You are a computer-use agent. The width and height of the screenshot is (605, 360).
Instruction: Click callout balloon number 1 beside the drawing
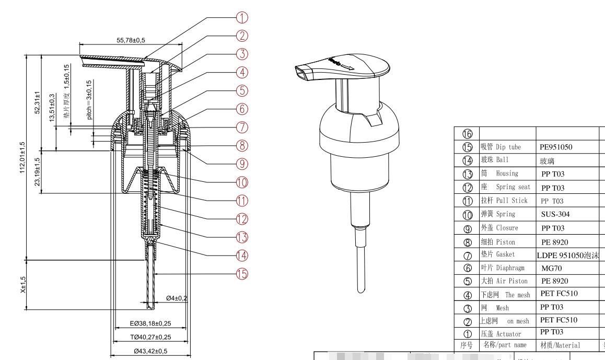241,17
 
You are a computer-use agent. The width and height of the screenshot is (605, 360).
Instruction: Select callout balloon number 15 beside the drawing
241,273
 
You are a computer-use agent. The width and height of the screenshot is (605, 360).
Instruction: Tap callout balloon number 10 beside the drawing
241,181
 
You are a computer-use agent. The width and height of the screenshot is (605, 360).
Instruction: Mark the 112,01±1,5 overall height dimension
22,159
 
